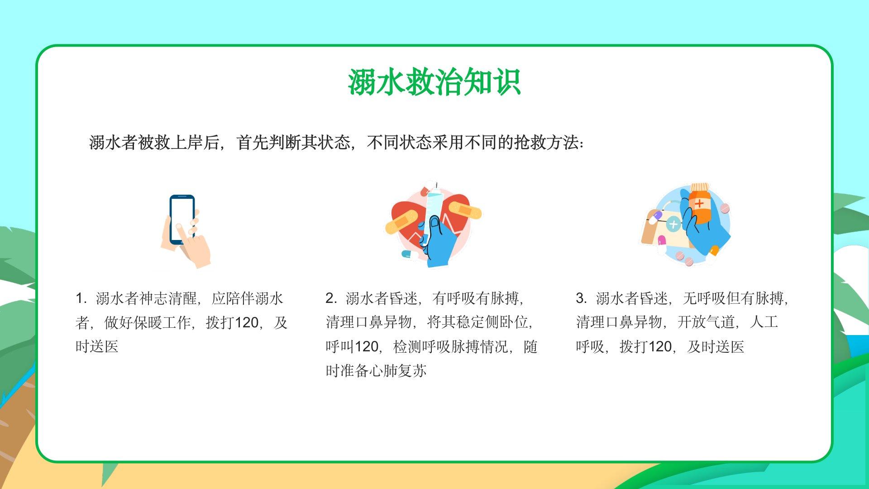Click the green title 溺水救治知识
(434, 82)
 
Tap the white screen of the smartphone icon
(182, 219)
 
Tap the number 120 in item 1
(247, 323)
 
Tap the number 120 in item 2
(366, 347)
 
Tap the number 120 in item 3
(660, 347)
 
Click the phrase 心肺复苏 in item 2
(398, 371)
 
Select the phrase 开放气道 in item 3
(706, 322)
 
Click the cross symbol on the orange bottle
(699, 203)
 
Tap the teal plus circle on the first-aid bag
(673, 224)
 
